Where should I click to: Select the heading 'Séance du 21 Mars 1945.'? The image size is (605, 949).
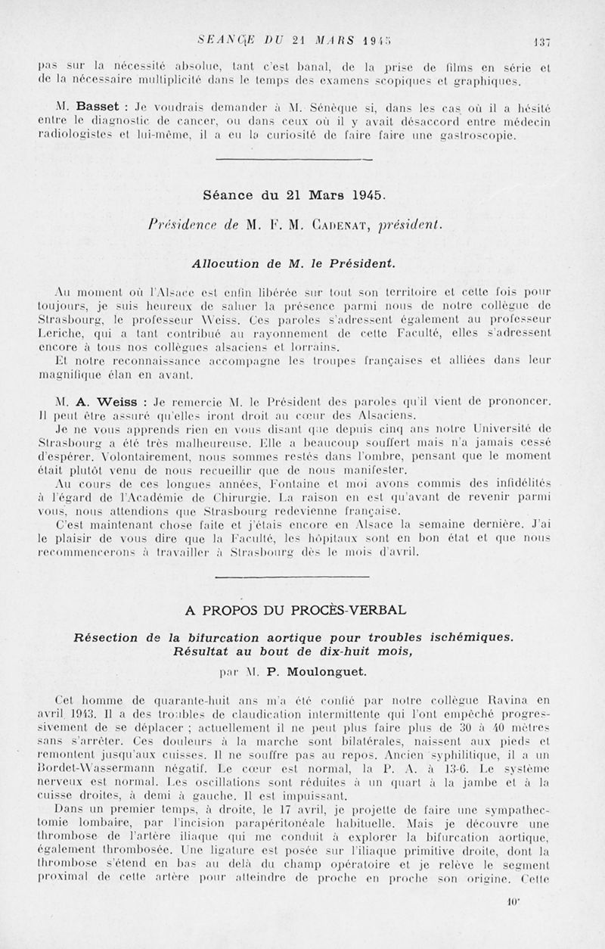pos(294,194)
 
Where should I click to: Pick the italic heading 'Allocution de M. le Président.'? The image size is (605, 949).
pos(295,262)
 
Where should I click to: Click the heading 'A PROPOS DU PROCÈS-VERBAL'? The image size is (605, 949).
pos(295,609)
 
